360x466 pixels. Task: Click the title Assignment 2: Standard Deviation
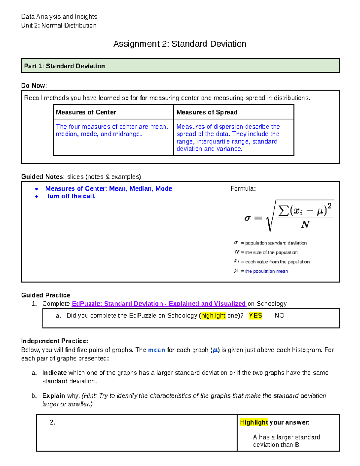180,44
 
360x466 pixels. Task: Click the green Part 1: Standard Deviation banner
180,66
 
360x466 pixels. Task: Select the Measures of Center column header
86,112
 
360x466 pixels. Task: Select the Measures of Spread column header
207,112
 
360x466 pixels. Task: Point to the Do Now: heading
34,86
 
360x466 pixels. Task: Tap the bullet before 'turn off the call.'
37,197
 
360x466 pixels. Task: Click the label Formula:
243,189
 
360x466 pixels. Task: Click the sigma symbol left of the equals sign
247,218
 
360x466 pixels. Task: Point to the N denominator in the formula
305,224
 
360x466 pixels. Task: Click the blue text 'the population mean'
266,271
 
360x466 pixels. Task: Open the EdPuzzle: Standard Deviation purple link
159,304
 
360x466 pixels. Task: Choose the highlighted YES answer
255,316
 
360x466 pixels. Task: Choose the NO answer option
280,316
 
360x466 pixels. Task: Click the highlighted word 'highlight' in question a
213,316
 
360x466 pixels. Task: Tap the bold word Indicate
54,373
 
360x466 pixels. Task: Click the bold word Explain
54,396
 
